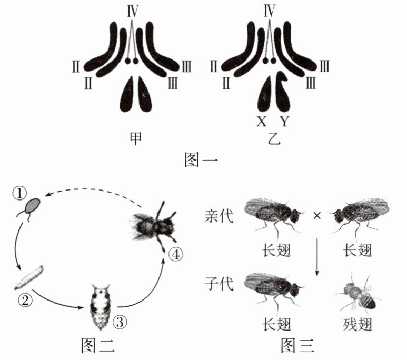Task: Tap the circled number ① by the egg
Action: [19, 195]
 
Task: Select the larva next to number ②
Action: [29, 278]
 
